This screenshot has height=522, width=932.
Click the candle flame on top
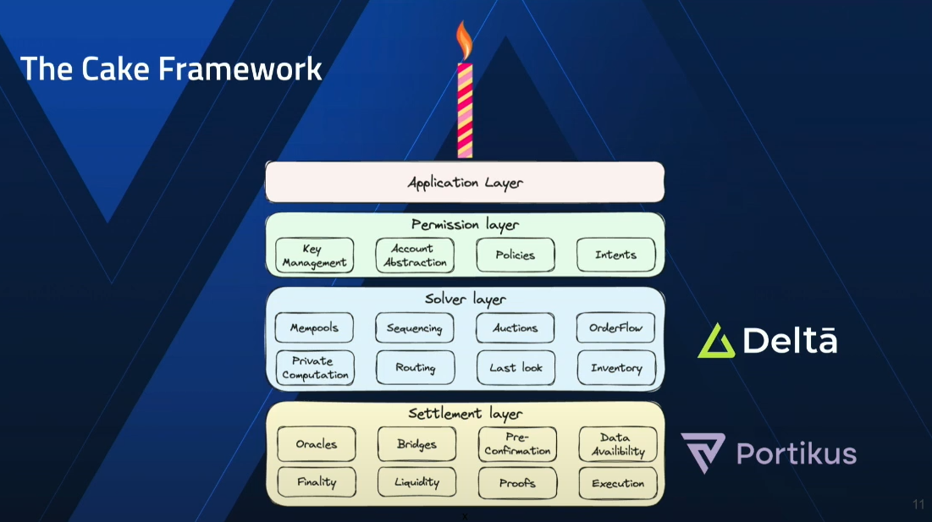464,39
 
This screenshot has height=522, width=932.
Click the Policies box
516,255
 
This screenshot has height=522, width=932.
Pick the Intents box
615,255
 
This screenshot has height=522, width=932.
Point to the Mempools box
314,328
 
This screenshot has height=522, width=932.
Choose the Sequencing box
415,328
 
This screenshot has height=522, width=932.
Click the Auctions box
516,328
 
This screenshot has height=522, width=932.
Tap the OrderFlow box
615,328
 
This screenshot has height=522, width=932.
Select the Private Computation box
314,368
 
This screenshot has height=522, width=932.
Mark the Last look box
516,368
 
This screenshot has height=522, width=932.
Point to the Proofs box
517,483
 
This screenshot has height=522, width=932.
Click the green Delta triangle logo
716,341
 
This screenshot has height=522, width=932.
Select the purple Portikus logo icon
703,453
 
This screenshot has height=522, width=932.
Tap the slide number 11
918,505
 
